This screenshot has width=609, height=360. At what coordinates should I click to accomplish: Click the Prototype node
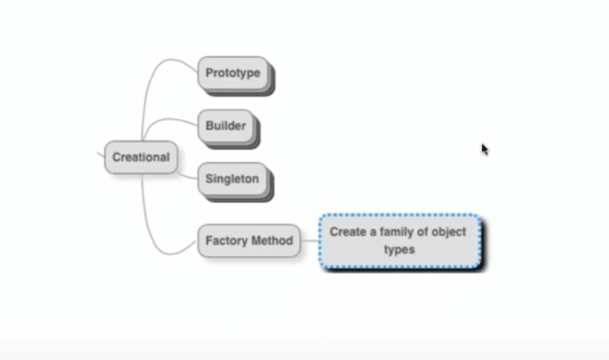coord(233,73)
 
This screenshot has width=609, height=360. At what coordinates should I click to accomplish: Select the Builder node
coord(225,126)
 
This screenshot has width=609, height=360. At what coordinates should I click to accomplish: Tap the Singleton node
coord(232,178)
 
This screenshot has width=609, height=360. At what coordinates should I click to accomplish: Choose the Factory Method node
coord(248,241)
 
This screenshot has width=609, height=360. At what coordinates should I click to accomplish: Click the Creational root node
coord(140,157)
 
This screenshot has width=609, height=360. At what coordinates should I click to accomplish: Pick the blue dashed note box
coord(399,240)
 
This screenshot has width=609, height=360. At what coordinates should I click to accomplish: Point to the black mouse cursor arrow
coord(484,149)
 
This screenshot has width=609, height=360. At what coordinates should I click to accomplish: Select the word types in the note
coord(399,249)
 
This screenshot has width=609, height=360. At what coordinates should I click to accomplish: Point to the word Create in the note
coord(347,232)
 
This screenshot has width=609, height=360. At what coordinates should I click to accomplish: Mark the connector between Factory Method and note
coord(309,241)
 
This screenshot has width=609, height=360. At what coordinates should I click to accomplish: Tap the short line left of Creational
coord(100,154)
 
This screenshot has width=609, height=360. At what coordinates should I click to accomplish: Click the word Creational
coord(140,157)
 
